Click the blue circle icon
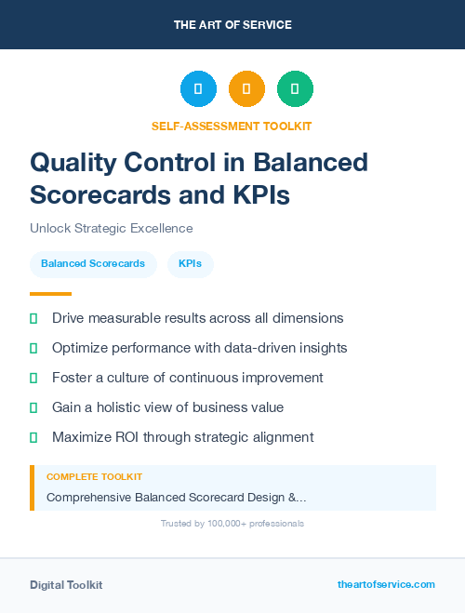pos(198,89)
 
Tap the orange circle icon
pos(246,89)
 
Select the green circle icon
pos(295,89)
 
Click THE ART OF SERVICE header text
pos(232,25)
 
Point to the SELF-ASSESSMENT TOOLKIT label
pos(232,126)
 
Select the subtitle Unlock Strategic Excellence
pos(111,228)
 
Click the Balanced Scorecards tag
pos(93,264)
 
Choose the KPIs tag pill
pos(191,264)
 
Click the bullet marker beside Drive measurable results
pos(33,318)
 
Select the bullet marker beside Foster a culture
pos(33,378)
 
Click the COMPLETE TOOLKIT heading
pos(94,476)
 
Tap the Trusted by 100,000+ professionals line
pos(232,524)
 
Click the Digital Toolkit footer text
pos(66,585)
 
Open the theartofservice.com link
pos(386,584)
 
